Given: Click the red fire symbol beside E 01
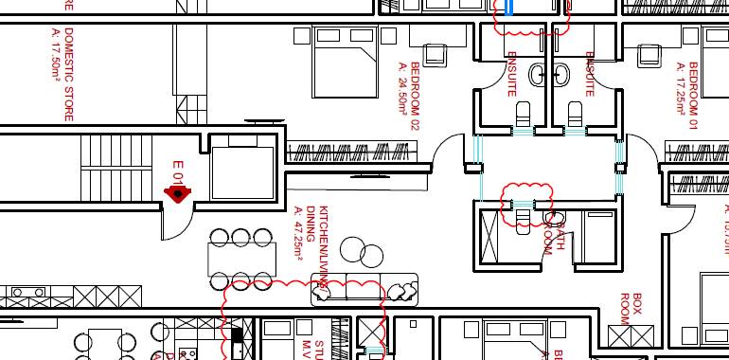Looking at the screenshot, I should tap(176, 194).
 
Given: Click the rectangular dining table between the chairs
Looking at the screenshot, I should tap(242, 259).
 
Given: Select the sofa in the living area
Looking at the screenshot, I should tap(364, 290).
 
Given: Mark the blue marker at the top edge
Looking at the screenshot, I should tap(510, 7).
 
